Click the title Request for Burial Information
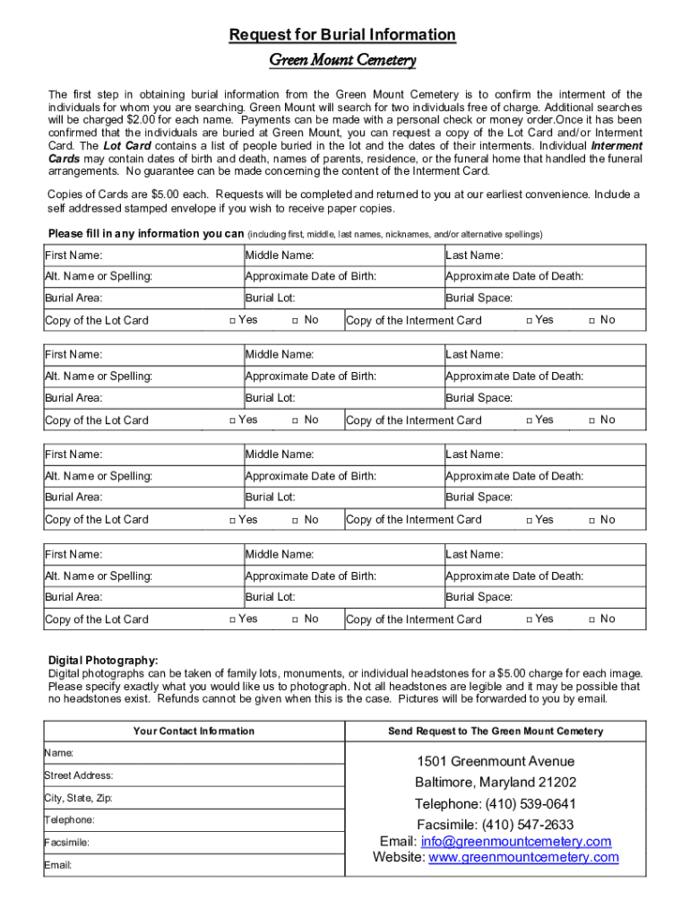click(342, 35)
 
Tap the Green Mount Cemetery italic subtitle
click(342, 61)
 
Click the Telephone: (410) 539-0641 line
click(495, 803)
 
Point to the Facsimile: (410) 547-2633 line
click(495, 824)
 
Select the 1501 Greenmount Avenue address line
click(495, 761)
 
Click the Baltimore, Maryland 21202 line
click(495, 782)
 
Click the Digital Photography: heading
click(103, 660)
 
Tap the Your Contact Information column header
click(194, 731)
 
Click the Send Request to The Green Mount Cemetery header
click(495, 731)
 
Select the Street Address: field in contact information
click(194, 775)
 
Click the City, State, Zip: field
click(194, 798)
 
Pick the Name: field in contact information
click(194, 753)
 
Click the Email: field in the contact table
click(194, 865)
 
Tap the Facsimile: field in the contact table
click(194, 843)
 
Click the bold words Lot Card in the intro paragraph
click(126, 145)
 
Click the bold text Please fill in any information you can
click(145, 234)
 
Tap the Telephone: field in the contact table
click(194, 820)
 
